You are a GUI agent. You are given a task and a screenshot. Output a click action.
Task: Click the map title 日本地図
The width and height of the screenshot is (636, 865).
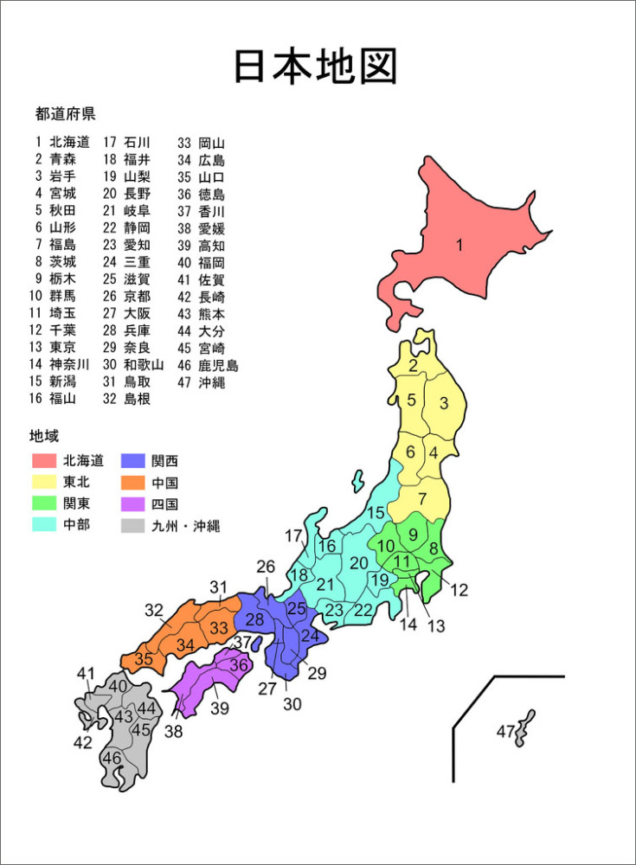click(316, 67)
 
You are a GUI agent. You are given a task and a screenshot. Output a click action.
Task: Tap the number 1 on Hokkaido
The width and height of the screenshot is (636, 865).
click(459, 245)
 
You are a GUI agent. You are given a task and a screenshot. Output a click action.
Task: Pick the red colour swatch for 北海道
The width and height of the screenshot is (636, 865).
click(43, 460)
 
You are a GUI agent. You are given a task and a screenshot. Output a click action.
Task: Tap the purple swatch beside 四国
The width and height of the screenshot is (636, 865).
click(132, 503)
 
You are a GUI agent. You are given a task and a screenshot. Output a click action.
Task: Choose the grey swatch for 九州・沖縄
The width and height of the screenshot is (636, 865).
click(132, 525)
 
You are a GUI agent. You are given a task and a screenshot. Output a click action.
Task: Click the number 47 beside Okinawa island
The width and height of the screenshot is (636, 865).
click(505, 732)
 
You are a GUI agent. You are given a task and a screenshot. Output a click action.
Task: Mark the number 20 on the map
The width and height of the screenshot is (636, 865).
click(358, 564)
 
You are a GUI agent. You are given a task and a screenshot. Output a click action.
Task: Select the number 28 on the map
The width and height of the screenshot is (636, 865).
click(254, 619)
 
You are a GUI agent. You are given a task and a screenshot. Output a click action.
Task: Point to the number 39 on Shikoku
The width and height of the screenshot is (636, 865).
click(219, 708)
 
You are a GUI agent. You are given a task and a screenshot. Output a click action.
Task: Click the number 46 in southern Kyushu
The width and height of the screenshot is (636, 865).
click(112, 758)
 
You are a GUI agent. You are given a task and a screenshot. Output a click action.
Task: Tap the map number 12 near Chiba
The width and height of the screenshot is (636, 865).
click(459, 591)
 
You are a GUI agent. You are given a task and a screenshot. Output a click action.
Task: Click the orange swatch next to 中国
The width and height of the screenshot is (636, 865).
click(132, 482)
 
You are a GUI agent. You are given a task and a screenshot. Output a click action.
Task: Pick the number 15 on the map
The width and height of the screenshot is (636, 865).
click(376, 513)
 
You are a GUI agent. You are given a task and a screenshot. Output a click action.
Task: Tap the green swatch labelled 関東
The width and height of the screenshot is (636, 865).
click(43, 503)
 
